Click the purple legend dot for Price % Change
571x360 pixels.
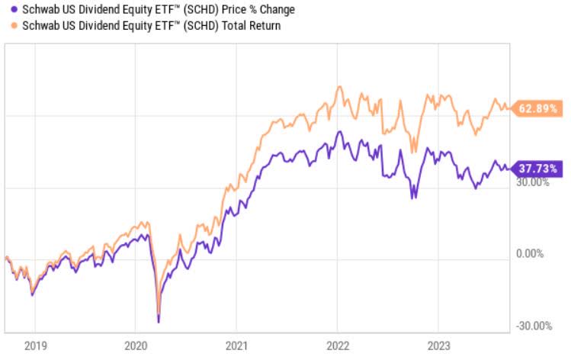5,9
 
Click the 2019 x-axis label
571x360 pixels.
32,346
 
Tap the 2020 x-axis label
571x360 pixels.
135,346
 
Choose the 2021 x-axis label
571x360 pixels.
236,346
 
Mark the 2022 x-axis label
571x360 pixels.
338,346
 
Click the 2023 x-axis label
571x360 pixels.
439,346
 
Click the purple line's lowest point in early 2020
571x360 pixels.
159,322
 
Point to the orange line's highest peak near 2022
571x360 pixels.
339,86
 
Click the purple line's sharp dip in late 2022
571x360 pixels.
414,198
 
